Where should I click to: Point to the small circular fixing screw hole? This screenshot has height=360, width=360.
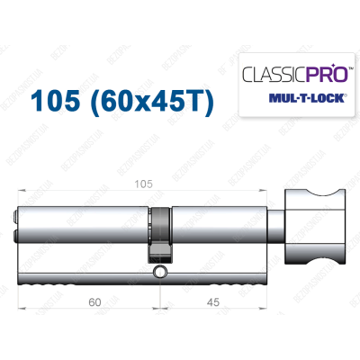click(161, 271)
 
